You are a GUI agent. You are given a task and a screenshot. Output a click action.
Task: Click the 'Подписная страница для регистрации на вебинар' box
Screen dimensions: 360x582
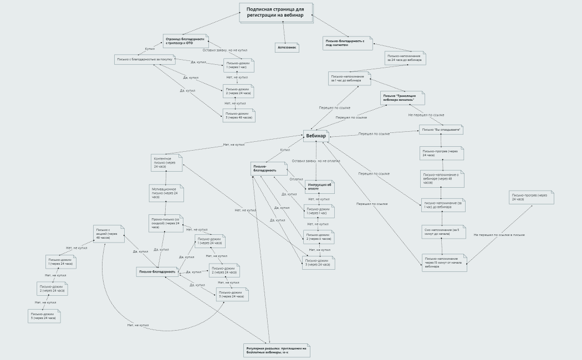(275, 13)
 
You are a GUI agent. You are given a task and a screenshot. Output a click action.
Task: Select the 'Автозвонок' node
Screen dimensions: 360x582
(287, 48)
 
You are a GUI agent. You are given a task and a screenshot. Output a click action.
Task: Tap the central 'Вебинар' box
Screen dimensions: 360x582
(316, 136)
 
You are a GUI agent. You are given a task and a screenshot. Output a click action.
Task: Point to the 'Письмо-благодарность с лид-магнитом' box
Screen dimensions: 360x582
(348, 43)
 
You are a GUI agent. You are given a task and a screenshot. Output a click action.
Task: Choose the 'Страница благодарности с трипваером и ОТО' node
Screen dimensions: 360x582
(185, 41)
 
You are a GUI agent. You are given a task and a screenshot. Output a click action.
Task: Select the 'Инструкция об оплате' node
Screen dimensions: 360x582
(319, 187)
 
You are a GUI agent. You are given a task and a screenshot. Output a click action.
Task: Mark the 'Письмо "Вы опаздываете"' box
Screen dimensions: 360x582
(441, 130)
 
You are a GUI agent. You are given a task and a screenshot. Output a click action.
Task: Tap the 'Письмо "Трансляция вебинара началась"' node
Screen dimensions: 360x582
(402, 98)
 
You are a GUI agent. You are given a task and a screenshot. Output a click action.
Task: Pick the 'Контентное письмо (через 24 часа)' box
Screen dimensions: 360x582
(167, 162)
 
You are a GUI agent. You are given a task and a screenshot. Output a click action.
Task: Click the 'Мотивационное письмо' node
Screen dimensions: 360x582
(166, 193)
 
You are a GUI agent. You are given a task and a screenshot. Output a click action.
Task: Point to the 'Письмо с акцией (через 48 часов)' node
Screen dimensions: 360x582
(109, 234)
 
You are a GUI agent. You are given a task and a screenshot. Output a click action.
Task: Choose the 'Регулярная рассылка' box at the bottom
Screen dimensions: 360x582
(276, 350)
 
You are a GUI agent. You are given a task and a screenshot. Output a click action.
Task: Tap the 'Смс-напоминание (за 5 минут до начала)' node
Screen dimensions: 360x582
(443, 232)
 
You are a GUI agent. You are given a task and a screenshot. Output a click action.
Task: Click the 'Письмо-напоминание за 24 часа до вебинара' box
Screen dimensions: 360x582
(405, 58)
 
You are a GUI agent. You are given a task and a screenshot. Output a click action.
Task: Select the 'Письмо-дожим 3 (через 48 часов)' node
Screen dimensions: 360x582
(239, 115)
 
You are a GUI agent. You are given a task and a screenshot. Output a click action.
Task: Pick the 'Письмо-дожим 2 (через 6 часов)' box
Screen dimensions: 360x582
(318, 236)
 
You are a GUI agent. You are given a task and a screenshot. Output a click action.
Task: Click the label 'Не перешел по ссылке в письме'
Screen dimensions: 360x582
(499, 235)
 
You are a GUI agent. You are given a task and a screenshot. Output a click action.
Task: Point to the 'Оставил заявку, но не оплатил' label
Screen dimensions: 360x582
(316, 161)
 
